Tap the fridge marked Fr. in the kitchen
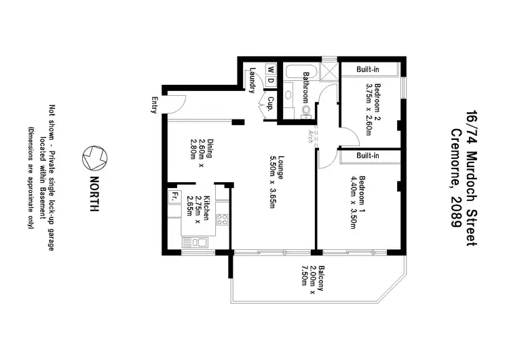tap(174, 196)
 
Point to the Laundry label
tap(252, 80)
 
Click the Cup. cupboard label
tap(270, 104)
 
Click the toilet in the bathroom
tap(306, 109)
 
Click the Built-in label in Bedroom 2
tap(369, 69)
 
